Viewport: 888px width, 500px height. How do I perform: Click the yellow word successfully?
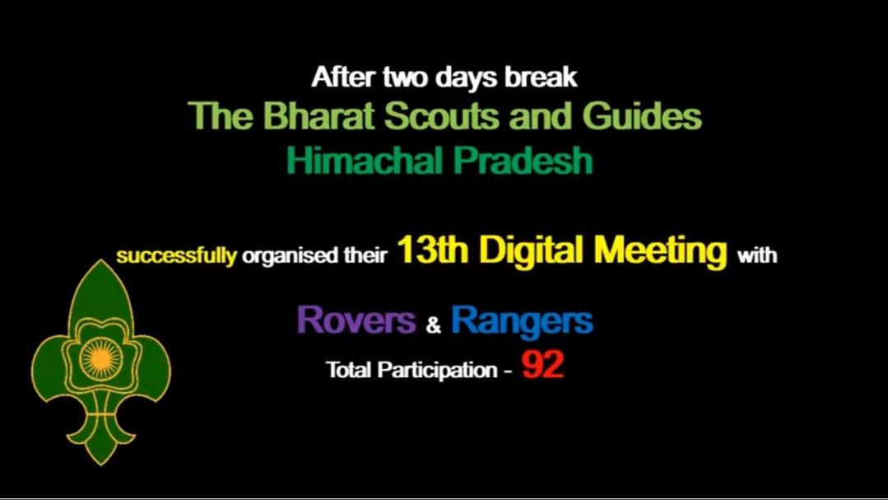(176, 255)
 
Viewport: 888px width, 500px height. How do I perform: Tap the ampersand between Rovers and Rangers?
(434, 325)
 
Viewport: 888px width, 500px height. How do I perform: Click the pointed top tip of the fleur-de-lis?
(100, 262)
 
